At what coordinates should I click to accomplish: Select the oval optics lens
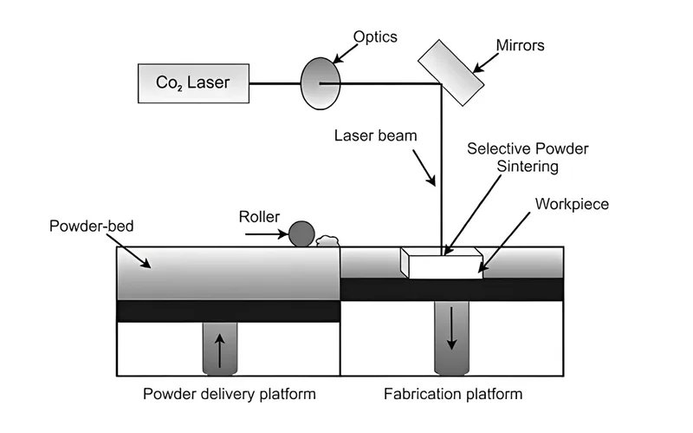click(x=317, y=83)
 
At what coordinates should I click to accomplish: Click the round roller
click(x=301, y=233)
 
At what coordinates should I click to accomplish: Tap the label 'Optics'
click(x=374, y=37)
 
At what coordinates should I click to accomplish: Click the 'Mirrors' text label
click(x=521, y=45)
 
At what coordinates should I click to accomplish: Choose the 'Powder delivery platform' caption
click(x=229, y=396)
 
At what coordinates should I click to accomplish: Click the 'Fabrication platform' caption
click(x=453, y=396)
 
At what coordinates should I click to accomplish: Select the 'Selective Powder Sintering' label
click(x=528, y=157)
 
